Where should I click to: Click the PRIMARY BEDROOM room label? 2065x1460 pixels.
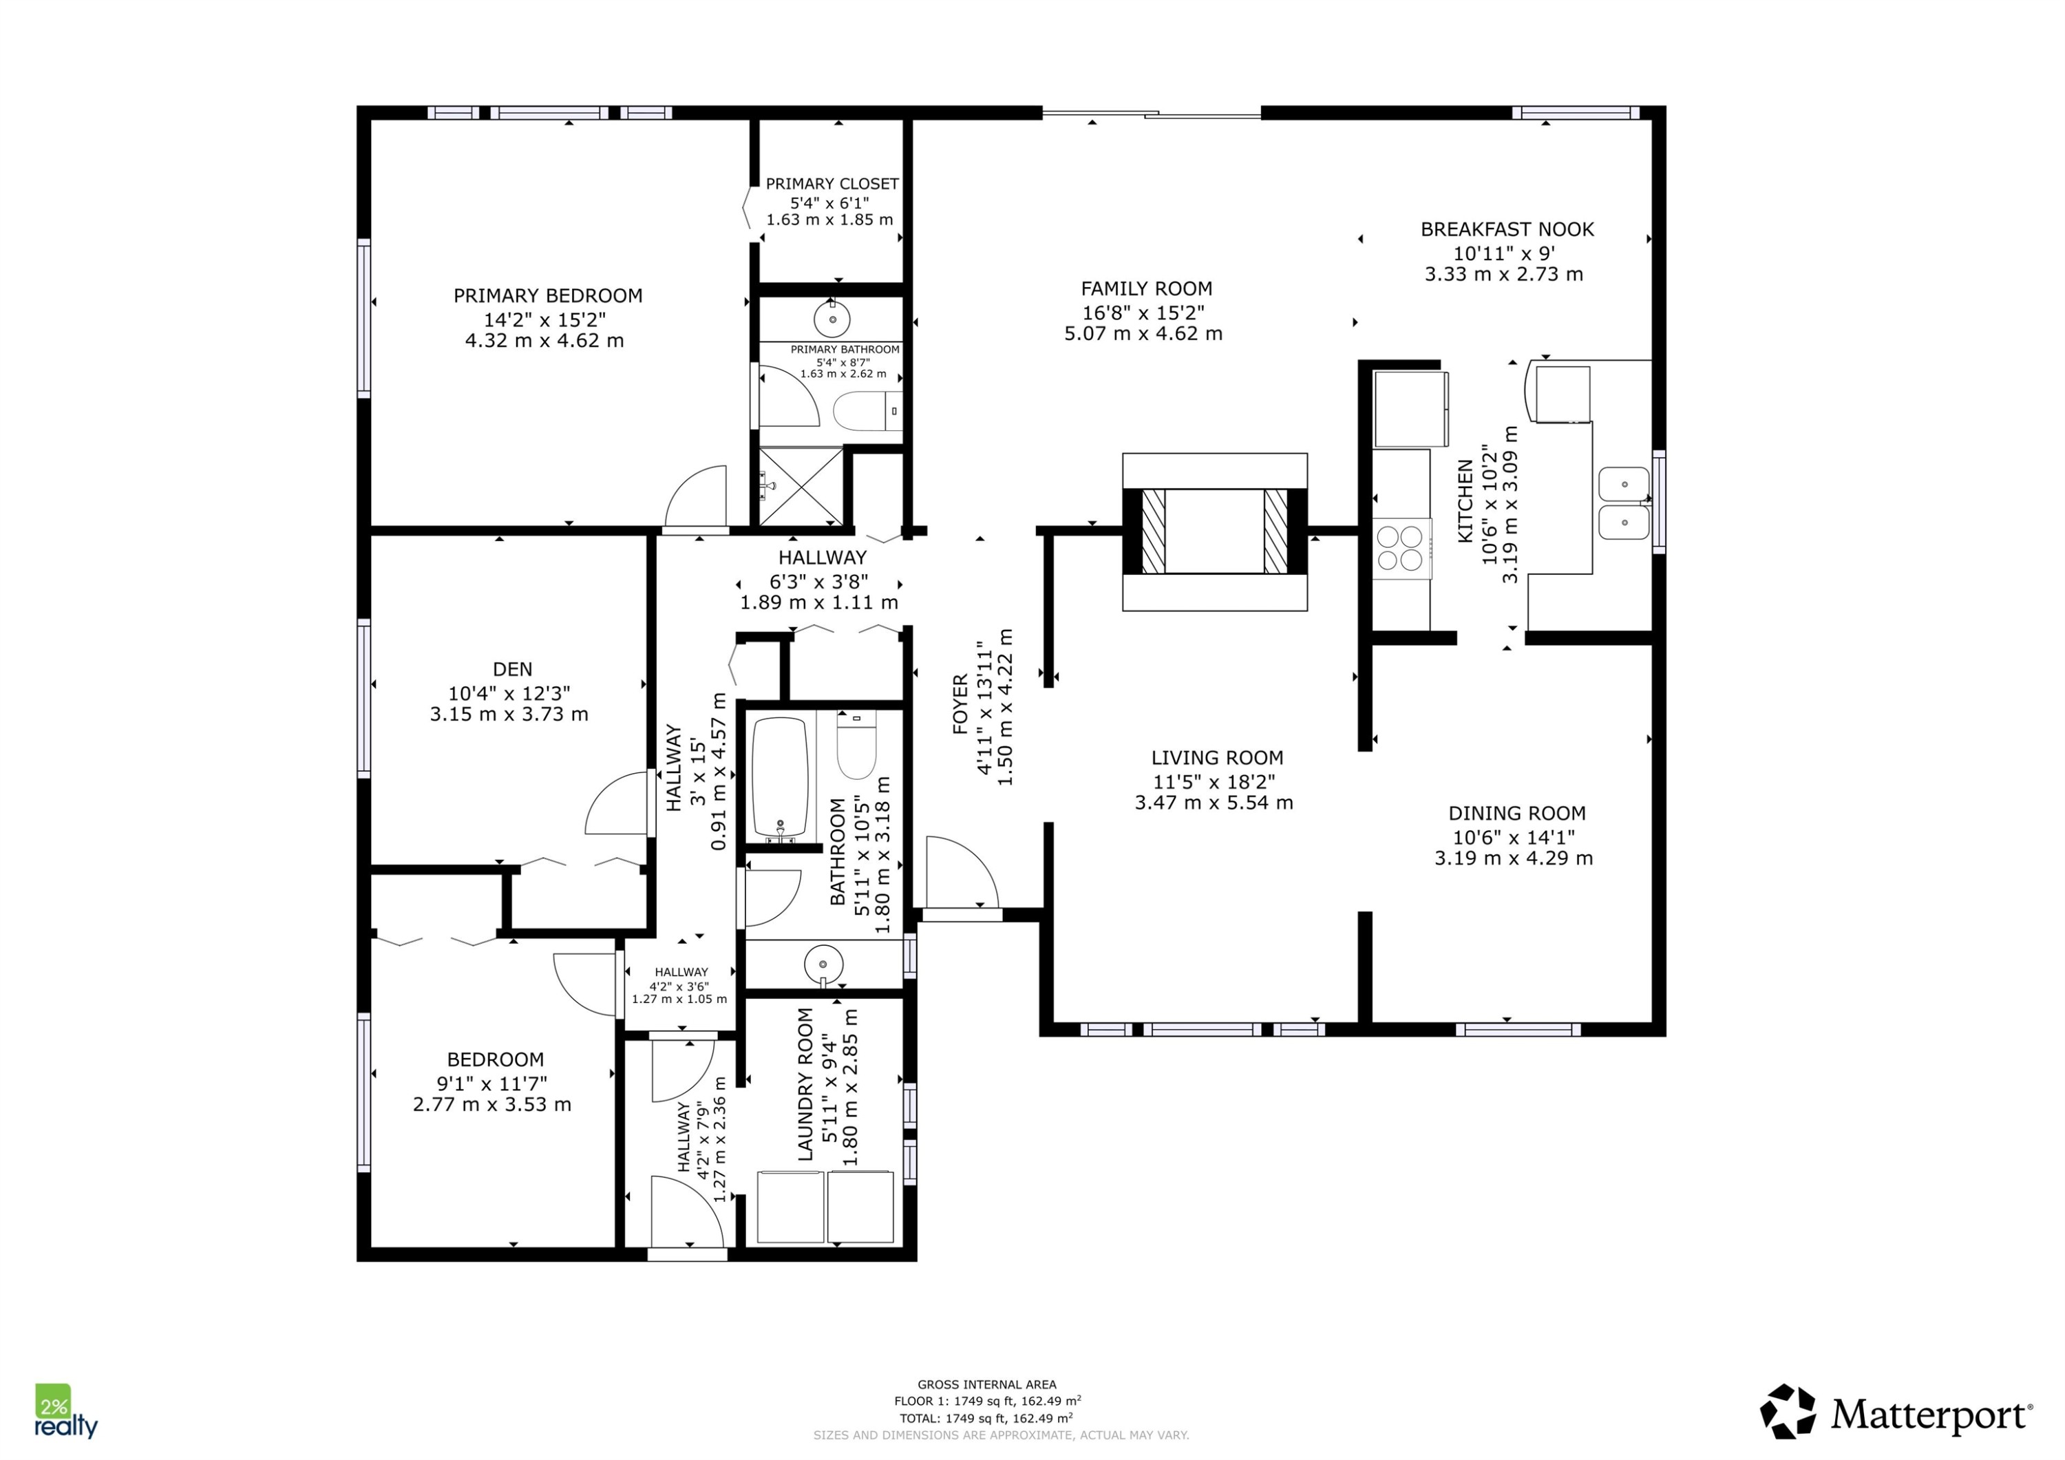548,296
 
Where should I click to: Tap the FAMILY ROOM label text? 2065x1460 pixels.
1147,288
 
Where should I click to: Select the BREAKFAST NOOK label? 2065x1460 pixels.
1507,229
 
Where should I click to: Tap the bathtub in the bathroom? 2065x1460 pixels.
779,779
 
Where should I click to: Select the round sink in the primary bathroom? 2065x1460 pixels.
833,319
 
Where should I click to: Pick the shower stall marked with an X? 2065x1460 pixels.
801,487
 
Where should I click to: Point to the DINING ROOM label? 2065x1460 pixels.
1516,813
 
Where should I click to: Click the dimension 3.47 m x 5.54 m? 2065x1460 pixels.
1214,803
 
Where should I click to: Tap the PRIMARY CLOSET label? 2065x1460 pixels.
832,184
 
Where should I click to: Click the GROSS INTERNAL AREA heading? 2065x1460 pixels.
986,1384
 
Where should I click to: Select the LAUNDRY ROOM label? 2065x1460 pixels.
805,1084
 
